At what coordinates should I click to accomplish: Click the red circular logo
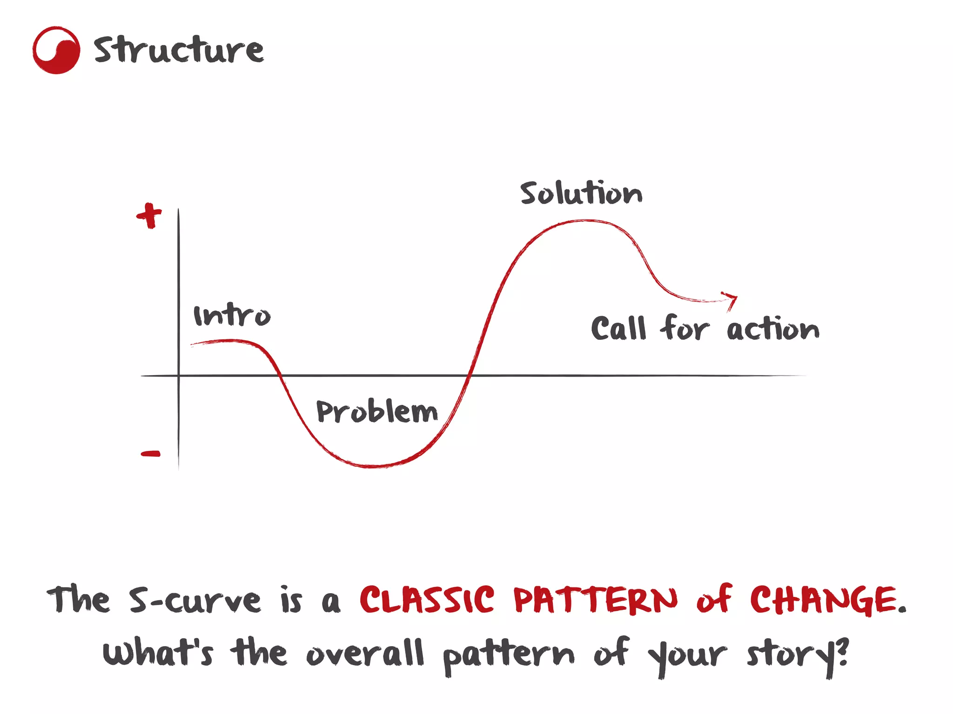[x=56, y=50]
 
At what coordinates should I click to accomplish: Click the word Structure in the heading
[x=179, y=49]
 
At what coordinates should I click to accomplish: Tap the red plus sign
[x=149, y=215]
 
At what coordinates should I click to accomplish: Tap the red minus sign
[x=151, y=454]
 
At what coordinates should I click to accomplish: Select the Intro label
[x=232, y=316]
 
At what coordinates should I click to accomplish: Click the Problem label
[x=377, y=411]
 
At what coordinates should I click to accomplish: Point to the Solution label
[x=581, y=193]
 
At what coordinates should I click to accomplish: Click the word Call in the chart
[x=619, y=329]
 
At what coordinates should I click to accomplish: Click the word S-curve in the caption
[x=195, y=600]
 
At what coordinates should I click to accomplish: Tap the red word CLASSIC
[x=427, y=600]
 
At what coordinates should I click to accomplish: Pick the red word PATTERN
[x=596, y=600]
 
